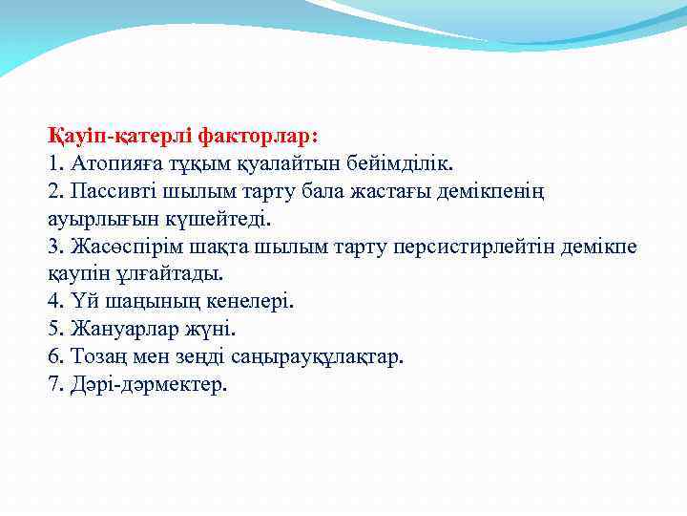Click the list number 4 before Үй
(x=54, y=302)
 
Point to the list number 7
(x=54, y=385)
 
